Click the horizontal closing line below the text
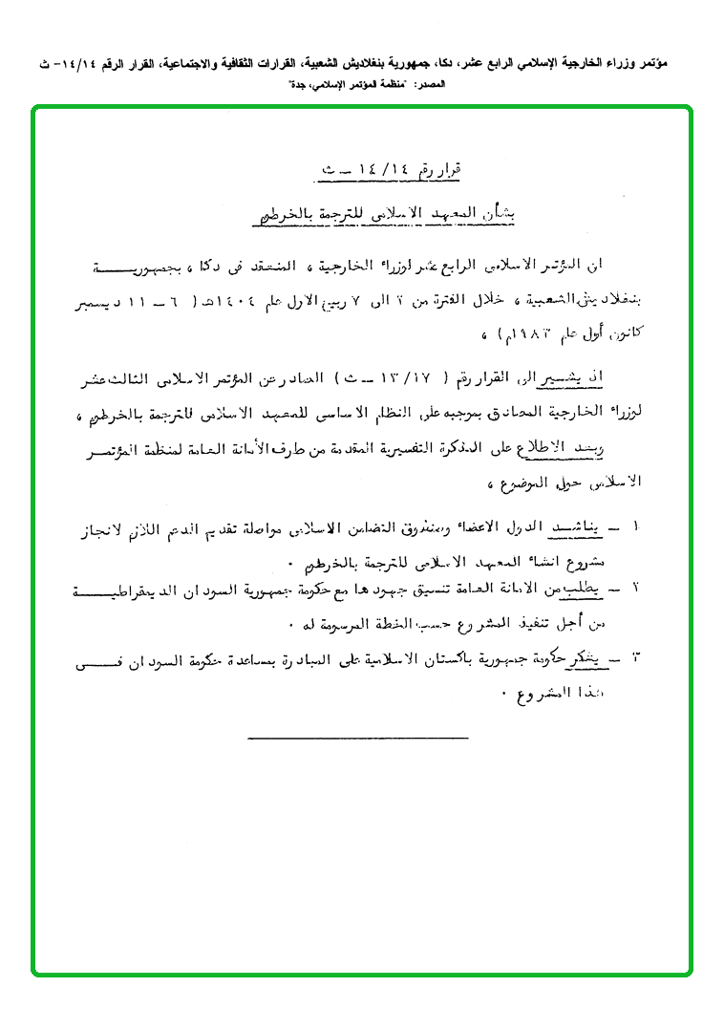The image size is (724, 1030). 357,737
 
